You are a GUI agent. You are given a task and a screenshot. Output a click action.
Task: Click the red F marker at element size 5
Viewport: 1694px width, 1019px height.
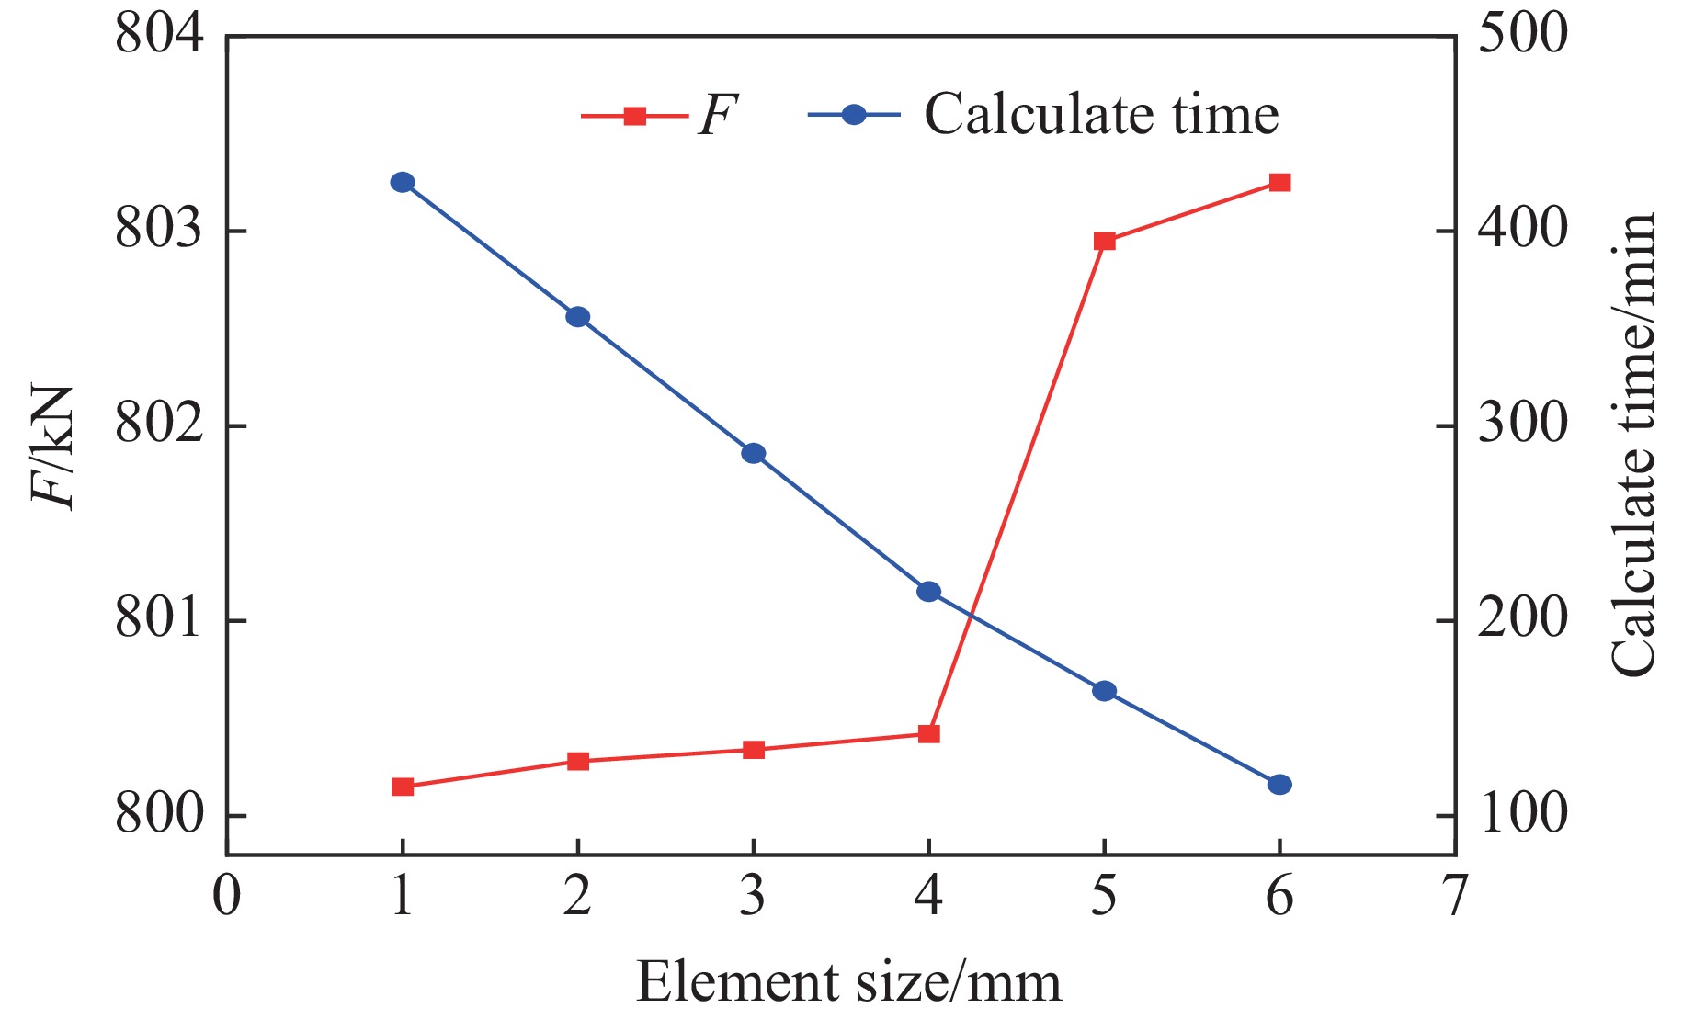coord(1104,241)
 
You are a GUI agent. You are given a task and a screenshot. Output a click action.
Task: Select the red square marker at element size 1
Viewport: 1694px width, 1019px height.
coord(403,787)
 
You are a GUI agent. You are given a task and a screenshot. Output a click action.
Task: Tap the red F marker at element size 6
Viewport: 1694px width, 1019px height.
coord(1279,182)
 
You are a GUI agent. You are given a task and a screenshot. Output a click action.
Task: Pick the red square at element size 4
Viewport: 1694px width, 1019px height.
coord(928,733)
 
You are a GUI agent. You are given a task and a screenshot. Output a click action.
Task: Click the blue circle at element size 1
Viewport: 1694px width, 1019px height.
coord(403,182)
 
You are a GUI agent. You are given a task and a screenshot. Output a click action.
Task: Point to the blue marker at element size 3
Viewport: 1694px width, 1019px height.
coord(753,453)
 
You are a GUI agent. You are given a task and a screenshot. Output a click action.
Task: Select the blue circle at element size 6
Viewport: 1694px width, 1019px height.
coord(1279,785)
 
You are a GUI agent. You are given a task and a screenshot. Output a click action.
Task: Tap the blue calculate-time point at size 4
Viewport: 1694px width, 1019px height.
coord(928,591)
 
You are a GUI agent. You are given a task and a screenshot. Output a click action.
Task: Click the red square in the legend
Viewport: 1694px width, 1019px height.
coord(634,116)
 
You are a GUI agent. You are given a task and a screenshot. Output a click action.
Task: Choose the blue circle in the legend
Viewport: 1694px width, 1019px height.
coord(854,115)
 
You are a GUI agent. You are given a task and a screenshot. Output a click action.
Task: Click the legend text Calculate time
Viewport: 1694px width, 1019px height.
coord(1101,115)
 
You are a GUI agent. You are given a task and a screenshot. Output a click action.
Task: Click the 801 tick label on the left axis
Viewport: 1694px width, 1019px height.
coord(158,620)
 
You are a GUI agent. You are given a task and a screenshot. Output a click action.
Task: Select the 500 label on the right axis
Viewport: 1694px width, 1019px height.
coord(1521,35)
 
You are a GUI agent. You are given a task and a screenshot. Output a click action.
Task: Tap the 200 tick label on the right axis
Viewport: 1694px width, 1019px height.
coord(1521,620)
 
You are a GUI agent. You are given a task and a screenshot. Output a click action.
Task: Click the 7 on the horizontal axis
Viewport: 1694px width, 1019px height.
coord(1454,896)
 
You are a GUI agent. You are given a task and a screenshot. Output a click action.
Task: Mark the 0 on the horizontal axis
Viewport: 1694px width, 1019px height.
coord(226,896)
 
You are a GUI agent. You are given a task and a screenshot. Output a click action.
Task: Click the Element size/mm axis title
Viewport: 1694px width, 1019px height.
coord(848,981)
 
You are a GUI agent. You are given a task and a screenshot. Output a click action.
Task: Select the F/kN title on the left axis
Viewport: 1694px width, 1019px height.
coord(52,446)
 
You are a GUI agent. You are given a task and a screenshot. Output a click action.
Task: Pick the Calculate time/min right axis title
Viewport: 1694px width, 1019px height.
coord(1633,446)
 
